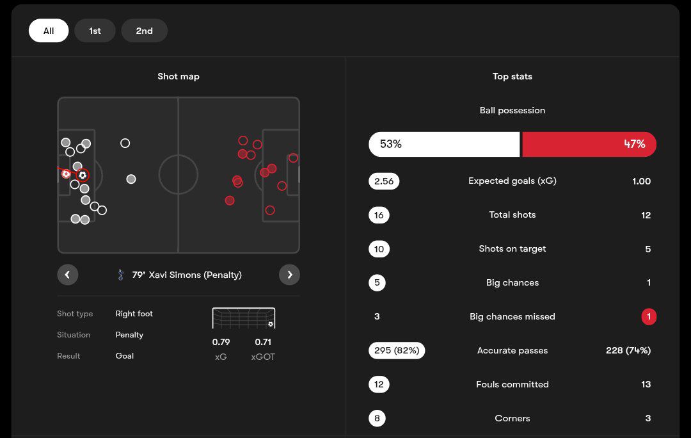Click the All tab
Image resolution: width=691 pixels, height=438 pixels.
pos(49,31)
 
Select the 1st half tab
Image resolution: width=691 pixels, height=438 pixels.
pos(95,31)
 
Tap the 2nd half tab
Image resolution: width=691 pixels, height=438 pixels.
pos(144,31)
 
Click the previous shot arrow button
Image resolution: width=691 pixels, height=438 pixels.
pos(67,275)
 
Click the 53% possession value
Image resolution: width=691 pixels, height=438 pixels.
pos(391,144)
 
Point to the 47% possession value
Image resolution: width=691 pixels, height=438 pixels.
pos(634,144)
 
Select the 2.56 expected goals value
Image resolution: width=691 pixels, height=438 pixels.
pos(384,181)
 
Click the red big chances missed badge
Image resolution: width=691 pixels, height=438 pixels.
pos(649,316)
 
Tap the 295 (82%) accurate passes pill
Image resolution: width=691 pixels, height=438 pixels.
pos(397,350)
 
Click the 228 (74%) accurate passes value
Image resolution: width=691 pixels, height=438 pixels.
pos(628,350)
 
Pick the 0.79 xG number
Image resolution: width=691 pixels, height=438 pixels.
pos(221,342)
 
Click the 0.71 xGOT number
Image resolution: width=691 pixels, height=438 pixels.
pos(263,342)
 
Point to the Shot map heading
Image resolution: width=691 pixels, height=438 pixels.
pos(179,76)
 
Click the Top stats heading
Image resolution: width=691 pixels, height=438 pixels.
pos(512,76)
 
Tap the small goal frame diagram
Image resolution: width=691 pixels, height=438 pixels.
pos(244,318)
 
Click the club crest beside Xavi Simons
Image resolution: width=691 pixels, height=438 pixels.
pos(121,275)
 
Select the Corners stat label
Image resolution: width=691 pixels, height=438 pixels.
pos(512,418)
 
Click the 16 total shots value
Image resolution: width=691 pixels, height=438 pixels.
pos(379,215)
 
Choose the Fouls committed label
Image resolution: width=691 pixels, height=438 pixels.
pos(512,384)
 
